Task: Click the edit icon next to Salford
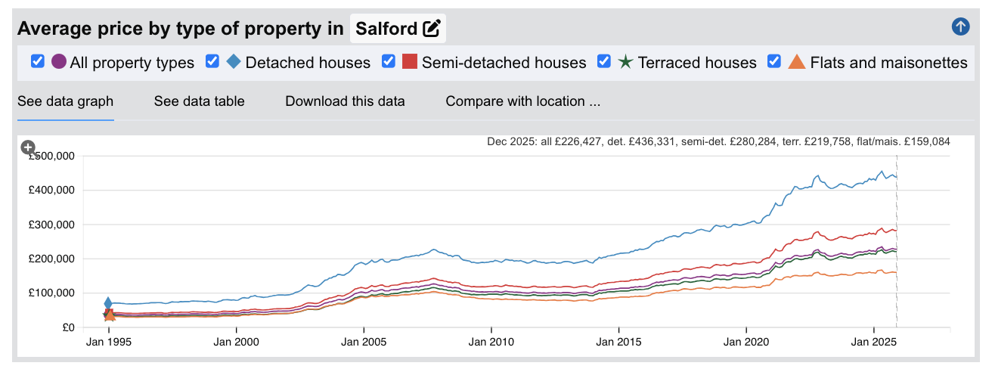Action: click(432, 29)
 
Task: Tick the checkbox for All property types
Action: click(38, 61)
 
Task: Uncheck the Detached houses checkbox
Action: click(212, 61)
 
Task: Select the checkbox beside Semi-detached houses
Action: click(389, 61)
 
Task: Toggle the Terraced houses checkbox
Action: click(604, 61)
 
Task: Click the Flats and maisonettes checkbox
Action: click(774, 61)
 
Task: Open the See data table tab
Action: click(199, 101)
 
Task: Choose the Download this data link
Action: click(345, 101)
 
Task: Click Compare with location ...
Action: click(522, 101)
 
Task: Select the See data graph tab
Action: click(65, 101)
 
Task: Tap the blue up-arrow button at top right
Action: click(960, 27)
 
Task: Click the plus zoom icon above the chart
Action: click(28, 147)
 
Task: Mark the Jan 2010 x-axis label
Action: click(491, 342)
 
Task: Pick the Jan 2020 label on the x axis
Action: click(746, 342)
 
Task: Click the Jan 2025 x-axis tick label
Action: click(873, 342)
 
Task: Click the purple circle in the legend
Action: click(59, 62)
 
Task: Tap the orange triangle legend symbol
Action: click(797, 62)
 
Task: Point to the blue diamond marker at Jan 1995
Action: click(108, 303)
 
